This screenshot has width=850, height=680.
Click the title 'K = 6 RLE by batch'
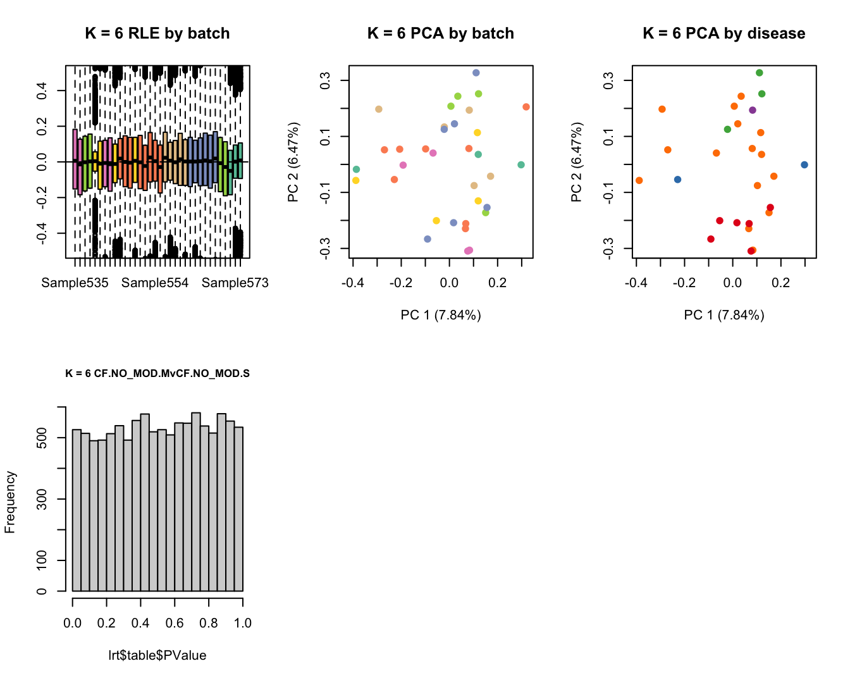click(157, 34)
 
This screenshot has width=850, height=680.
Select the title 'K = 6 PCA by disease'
click(724, 34)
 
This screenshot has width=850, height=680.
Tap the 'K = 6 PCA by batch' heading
click(441, 34)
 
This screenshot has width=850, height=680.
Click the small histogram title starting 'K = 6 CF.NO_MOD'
click(157, 373)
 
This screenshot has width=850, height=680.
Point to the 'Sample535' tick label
click(75, 283)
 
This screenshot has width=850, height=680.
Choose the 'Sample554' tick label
click(155, 283)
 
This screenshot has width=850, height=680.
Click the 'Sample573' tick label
click(235, 283)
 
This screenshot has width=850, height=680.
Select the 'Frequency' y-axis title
click(10, 502)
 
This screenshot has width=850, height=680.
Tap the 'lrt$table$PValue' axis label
click(157, 655)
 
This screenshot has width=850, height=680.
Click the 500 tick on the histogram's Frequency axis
click(42, 438)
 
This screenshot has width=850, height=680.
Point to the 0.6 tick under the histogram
click(175, 623)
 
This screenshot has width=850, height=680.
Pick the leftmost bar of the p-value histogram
click(77, 510)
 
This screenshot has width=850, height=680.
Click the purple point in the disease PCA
click(753, 110)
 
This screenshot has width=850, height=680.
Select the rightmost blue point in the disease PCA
click(804, 164)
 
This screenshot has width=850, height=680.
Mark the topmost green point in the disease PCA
click(760, 73)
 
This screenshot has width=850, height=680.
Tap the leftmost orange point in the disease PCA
click(639, 180)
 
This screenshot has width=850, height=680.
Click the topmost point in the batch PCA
click(476, 73)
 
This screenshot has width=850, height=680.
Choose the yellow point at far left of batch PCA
click(356, 180)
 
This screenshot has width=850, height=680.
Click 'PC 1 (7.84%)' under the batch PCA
click(441, 315)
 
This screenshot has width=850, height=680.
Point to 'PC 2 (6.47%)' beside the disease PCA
click(576, 163)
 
